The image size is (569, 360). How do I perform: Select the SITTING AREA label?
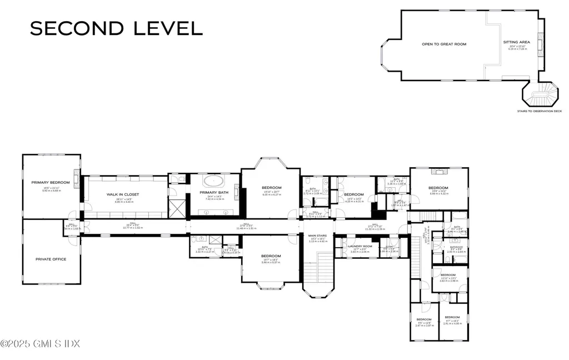[517, 42]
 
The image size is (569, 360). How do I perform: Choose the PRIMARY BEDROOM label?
[51, 182]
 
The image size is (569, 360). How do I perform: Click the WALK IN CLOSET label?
[123, 194]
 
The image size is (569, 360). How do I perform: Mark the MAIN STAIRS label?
[318, 236]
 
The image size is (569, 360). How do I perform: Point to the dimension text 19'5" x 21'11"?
[51, 189]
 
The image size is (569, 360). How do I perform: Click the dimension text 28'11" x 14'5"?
[123, 199]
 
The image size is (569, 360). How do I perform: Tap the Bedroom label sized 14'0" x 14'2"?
[353, 194]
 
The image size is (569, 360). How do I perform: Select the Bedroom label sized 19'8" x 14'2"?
[438, 188]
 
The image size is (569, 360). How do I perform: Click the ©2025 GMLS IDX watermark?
[41, 344]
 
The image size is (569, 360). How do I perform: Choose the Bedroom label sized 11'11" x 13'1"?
[448, 275]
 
